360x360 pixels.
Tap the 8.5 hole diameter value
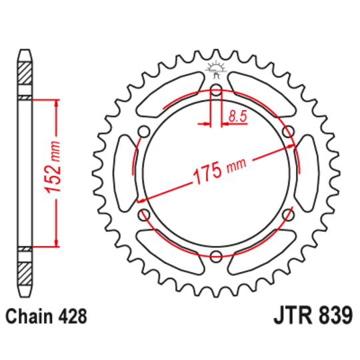(x=238, y=116)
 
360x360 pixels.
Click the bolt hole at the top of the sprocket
(x=217, y=94)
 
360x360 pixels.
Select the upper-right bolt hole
(x=287, y=133)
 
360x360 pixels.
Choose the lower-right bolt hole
(x=287, y=215)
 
